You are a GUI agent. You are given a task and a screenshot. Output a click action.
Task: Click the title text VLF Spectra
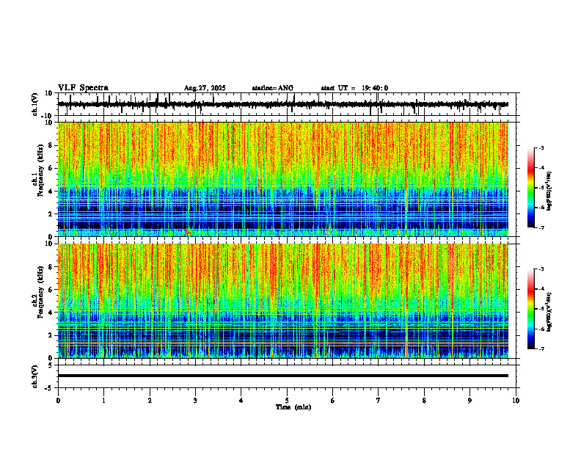[x=83, y=88]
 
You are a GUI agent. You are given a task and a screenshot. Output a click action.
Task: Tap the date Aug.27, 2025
[x=205, y=88]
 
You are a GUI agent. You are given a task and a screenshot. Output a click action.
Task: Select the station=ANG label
[x=272, y=88]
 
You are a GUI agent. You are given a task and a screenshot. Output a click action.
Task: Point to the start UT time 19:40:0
[x=354, y=88]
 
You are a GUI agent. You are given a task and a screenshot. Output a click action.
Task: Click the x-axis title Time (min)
[x=293, y=406]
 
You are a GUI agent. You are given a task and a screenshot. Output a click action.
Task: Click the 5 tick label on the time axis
[x=287, y=400]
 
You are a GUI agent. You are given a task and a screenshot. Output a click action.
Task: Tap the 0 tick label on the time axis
[x=58, y=400]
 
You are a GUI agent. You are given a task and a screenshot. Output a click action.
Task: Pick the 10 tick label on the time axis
[x=516, y=400]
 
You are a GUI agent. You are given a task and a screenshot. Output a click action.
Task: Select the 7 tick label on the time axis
[x=379, y=400]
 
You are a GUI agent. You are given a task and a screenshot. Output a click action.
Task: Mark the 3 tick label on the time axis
[x=195, y=400]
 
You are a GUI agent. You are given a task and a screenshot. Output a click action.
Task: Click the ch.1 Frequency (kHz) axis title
[x=37, y=179]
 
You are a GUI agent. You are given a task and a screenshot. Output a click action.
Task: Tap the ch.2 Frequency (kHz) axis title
[x=37, y=301]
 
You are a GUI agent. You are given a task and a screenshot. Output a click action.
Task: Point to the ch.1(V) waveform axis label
[x=35, y=104]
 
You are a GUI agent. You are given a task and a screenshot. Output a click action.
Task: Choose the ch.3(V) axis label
[x=35, y=375]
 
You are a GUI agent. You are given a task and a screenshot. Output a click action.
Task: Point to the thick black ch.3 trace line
[x=282, y=376]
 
